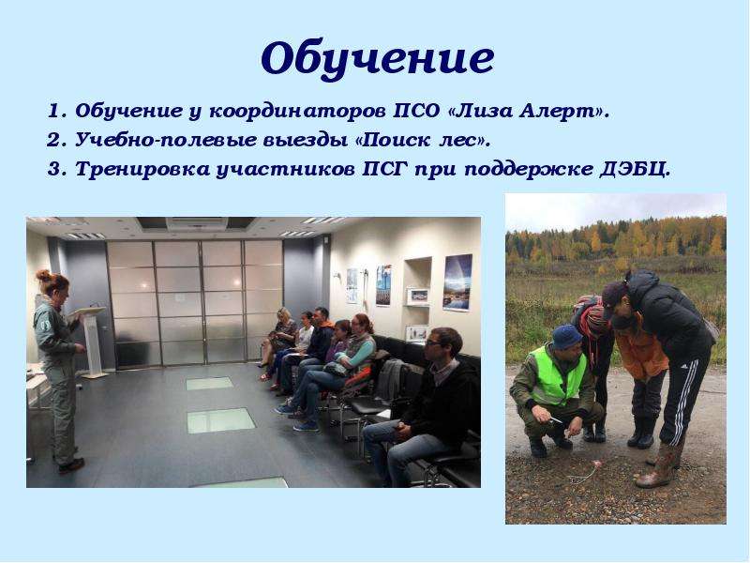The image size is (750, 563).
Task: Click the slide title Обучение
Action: click(378, 59)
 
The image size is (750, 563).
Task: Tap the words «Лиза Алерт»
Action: click(530, 111)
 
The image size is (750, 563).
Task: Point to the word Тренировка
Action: click(142, 170)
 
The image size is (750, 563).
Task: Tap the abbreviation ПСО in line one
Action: click(416, 111)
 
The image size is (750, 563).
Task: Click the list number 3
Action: click(55, 170)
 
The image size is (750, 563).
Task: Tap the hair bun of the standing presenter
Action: click(44, 275)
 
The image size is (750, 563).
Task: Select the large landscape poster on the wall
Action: click(457, 282)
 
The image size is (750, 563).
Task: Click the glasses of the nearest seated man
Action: click(434, 342)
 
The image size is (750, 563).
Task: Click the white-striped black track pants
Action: click(682, 395)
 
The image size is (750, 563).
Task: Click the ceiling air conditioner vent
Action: click(196, 224)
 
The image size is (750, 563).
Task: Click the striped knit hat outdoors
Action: click(594, 316)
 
